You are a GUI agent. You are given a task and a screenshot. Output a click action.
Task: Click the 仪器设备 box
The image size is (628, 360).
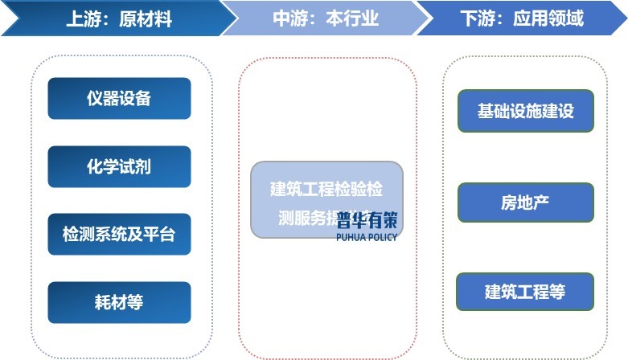(x=119, y=99)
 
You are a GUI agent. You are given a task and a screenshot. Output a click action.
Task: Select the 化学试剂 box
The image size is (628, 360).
(x=119, y=167)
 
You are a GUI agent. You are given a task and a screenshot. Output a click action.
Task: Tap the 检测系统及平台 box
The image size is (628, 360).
(x=119, y=235)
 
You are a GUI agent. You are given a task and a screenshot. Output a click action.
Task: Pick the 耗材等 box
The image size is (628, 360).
(x=119, y=302)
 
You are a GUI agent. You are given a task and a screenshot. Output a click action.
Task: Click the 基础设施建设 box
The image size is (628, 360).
(x=525, y=111)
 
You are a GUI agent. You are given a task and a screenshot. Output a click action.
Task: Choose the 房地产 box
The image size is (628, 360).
(x=525, y=202)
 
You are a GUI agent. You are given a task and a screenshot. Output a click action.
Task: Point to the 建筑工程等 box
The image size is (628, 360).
(x=525, y=292)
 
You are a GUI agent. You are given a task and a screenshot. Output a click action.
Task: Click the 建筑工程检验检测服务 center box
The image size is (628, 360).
(x=326, y=199)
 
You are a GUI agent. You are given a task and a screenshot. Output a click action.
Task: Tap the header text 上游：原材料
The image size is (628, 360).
(x=119, y=18)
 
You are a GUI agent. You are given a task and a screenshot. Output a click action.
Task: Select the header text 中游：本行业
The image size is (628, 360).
(x=326, y=18)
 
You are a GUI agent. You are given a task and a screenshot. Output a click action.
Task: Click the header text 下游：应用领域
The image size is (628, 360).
(x=522, y=18)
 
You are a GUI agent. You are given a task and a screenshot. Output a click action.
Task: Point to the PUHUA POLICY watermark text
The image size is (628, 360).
(x=367, y=236)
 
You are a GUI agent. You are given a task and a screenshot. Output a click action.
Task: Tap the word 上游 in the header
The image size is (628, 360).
(x=83, y=18)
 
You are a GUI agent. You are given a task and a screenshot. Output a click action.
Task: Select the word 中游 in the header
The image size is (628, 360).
(x=289, y=18)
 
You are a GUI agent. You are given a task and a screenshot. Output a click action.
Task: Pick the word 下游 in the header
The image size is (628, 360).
(x=477, y=18)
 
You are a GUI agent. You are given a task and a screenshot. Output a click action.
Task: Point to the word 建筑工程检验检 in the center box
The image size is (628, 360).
(x=326, y=190)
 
